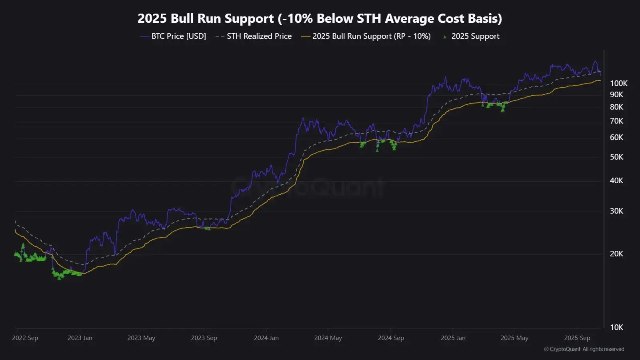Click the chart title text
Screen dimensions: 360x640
point(320,19)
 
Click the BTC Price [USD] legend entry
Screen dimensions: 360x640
point(178,36)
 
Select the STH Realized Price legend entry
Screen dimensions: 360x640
point(259,36)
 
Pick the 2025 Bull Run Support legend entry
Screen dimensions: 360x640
point(371,36)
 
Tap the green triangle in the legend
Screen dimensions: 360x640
point(444,37)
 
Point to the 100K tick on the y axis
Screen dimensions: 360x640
point(618,84)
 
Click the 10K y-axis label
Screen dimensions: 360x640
point(616,328)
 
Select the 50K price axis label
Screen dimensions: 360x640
point(616,157)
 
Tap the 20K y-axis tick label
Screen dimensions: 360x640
point(616,254)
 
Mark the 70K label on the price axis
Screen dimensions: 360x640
point(616,121)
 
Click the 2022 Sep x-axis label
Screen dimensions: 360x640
point(25,338)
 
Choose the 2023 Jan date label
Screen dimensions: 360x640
point(80,338)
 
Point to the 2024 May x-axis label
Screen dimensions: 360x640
point(328,338)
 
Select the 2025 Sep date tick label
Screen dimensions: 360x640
point(577,338)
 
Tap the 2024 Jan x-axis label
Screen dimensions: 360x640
point(266,338)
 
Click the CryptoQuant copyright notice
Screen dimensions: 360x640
point(584,349)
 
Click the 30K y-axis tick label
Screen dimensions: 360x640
point(616,211)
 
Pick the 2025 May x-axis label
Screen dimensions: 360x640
point(514,338)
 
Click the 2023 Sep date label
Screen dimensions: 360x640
point(204,338)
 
